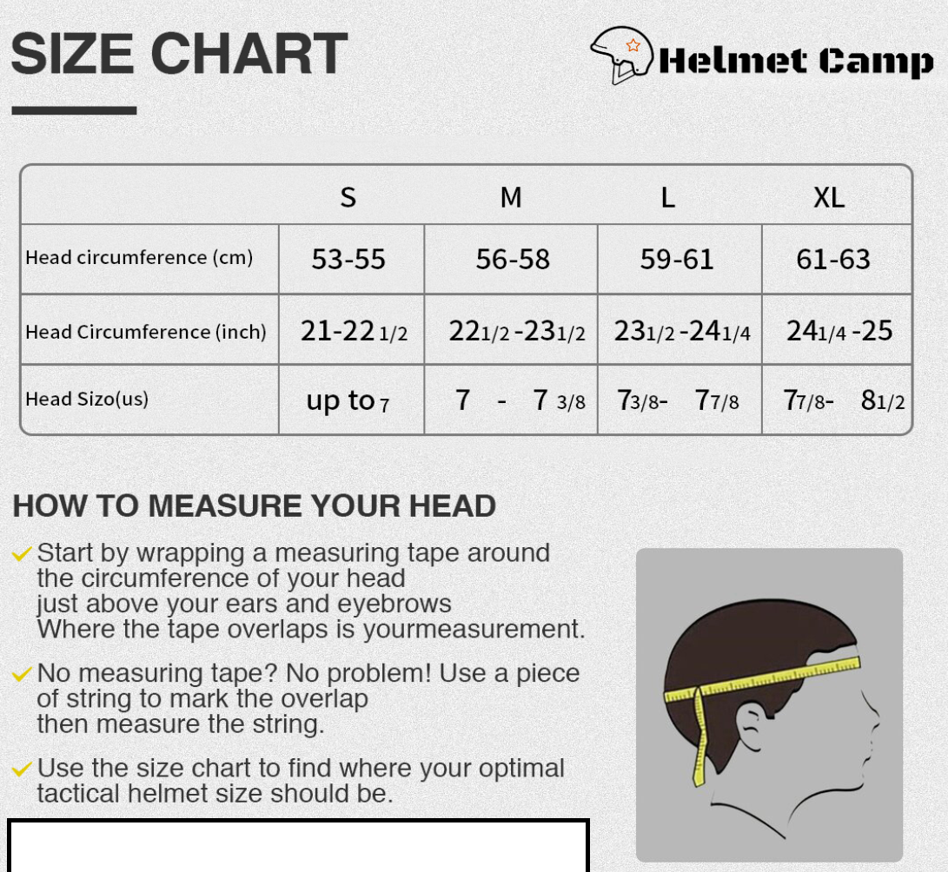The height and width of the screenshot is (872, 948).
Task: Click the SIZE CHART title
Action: point(179,54)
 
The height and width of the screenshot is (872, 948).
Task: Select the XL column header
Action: point(829,198)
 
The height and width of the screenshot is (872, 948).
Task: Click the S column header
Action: point(348,198)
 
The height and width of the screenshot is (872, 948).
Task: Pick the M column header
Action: point(511,198)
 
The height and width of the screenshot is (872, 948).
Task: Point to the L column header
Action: point(667,198)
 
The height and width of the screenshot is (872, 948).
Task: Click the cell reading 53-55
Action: point(348,259)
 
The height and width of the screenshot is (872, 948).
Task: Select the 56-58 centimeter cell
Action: point(513,259)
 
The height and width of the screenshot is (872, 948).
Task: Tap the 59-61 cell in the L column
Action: point(677,259)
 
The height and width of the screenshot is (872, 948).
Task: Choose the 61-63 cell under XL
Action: point(833,259)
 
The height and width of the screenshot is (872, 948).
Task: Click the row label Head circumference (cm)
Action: point(139,258)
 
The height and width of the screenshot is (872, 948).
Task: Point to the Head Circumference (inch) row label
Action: point(146,332)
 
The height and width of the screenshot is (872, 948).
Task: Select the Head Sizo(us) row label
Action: point(87,399)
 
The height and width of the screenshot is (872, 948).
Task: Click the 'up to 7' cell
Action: point(348,400)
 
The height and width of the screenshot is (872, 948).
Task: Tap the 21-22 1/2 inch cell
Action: point(354,331)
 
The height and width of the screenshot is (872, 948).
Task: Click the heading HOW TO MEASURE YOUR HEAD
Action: point(254,505)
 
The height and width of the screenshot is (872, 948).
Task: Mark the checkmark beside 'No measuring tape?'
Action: point(23,674)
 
